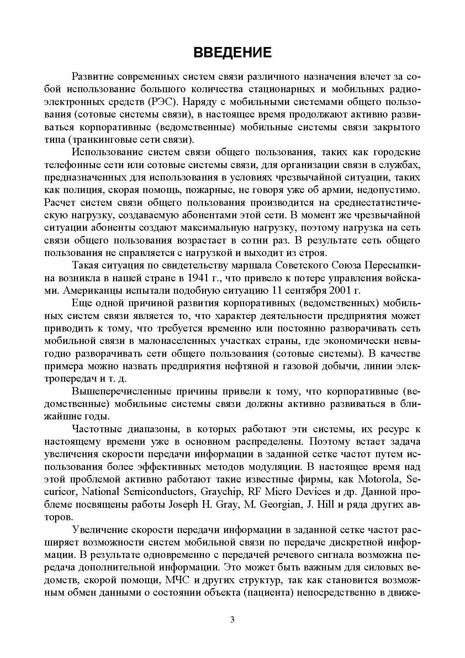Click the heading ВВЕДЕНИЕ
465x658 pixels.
[232, 52]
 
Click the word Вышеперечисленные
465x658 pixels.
[122, 391]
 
